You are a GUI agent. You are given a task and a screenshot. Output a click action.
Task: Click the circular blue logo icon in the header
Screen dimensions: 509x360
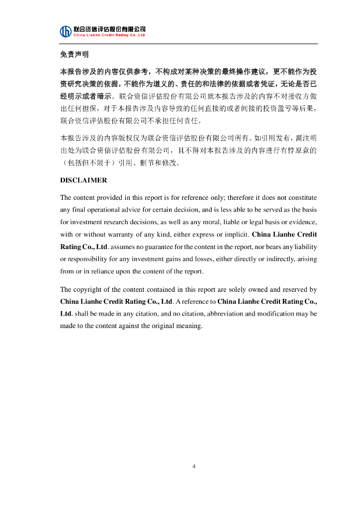tap(66, 31)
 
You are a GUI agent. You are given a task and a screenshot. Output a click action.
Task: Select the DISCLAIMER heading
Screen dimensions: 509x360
tap(84, 180)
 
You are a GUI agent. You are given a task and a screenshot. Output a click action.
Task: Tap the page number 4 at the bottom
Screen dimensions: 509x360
tap(194, 466)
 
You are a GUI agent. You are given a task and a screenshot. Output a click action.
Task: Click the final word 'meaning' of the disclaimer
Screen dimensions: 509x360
tap(191, 326)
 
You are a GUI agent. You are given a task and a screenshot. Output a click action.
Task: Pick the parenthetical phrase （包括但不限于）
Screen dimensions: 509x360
tap(88, 162)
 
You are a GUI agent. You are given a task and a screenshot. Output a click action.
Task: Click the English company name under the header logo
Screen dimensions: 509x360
tap(109, 35)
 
